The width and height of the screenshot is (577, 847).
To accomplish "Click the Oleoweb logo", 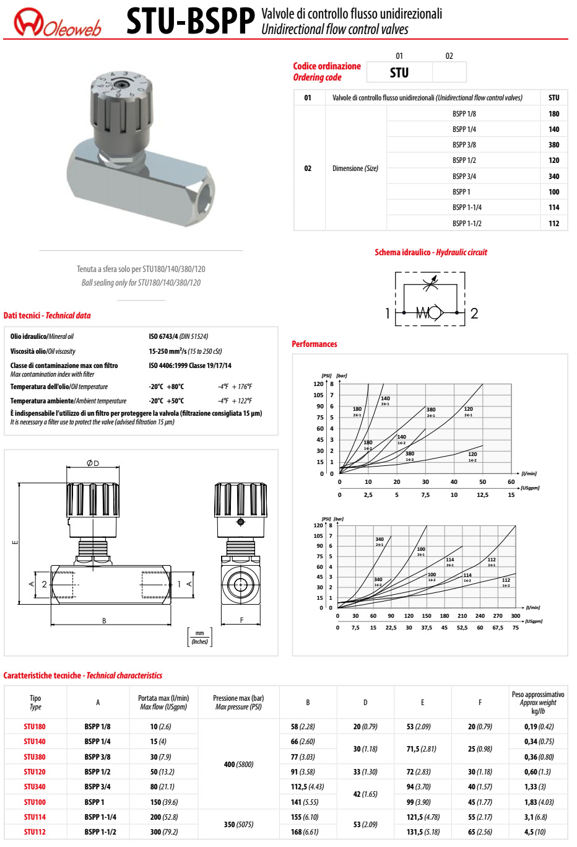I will point(57,22).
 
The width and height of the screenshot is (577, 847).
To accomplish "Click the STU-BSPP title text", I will point(190,22).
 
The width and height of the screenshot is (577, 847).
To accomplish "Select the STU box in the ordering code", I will point(399,72).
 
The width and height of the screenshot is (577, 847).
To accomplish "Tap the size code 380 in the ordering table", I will point(553,145).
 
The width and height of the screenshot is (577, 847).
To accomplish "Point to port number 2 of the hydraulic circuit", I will point(474,314).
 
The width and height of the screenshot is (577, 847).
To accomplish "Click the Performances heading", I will point(315,344).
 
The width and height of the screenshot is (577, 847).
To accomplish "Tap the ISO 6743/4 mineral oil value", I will point(178,336).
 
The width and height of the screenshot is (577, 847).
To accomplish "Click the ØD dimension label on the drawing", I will point(93,463).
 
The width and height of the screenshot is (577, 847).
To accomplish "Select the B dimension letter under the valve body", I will point(104,621).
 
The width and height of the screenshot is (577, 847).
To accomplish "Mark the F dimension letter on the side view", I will point(241,620).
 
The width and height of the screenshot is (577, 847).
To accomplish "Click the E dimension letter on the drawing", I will point(15,543).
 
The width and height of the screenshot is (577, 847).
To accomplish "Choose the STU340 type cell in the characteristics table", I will point(35,787).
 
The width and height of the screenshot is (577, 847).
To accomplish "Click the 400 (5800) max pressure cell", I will point(238,765).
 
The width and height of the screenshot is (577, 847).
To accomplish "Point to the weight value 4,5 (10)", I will point(537,832).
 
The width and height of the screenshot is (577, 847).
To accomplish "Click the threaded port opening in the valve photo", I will point(202,191).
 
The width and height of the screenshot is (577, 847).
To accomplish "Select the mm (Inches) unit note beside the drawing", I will point(199,638).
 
